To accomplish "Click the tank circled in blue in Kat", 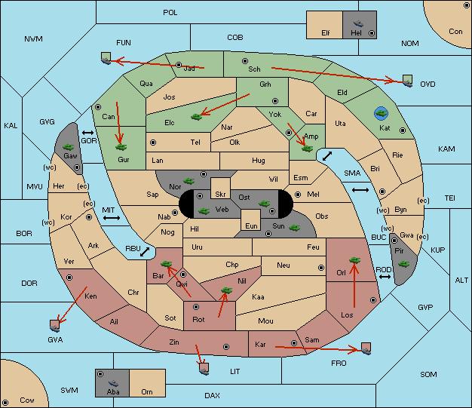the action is point(381,113).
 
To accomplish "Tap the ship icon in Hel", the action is point(358,23).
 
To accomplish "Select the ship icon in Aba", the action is point(113,383).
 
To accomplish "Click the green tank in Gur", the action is point(121,147).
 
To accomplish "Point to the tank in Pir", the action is point(403,264).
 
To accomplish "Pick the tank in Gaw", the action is point(69,147).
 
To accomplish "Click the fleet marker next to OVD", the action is point(408,81).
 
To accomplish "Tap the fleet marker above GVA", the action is point(55,326).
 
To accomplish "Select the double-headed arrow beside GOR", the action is point(88,133).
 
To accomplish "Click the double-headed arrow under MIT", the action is point(112,218).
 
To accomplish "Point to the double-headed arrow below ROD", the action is point(385,277).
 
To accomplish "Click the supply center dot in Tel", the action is point(153,142).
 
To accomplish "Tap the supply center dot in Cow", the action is point(5,402).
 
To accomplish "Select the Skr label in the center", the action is point(220,195).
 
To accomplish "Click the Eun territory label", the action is point(251,225).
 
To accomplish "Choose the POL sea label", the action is point(170,13).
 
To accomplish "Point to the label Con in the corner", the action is point(455,32).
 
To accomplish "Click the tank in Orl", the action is point(354,260).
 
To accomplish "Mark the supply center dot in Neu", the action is point(321,268).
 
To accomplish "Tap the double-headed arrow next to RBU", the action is point(145,252).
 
